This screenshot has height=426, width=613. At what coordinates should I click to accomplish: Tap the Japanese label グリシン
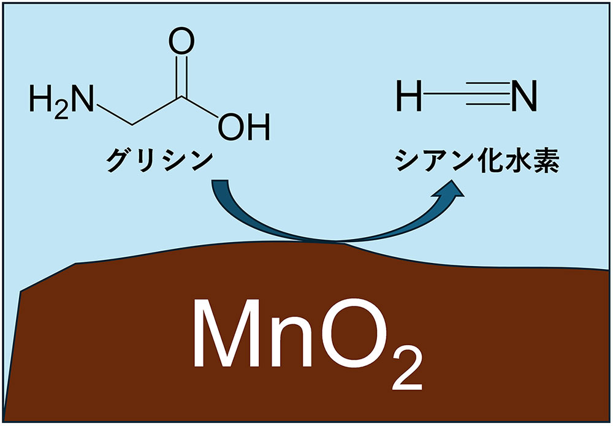158,161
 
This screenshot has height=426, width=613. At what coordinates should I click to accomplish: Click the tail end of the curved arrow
219,184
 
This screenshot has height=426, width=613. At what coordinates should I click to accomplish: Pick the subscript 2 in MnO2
406,371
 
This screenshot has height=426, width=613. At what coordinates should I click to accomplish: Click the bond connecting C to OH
201,107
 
